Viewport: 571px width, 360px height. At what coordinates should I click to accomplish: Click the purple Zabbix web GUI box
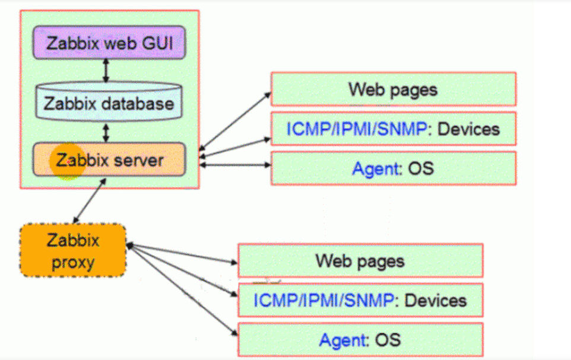[109, 43]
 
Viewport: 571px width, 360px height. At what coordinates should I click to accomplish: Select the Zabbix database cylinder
[109, 103]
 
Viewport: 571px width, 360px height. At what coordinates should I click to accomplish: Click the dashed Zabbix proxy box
[73, 250]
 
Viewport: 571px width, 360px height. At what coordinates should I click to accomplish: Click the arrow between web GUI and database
[106, 70]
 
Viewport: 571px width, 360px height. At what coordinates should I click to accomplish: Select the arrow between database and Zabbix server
[106, 132]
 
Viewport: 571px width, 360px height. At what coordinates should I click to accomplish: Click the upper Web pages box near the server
[393, 89]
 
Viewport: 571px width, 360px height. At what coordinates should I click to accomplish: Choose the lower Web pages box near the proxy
[360, 260]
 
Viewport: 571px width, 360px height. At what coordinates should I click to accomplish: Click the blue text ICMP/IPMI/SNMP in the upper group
[357, 128]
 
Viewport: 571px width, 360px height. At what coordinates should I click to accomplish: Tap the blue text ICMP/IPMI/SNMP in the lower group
[323, 300]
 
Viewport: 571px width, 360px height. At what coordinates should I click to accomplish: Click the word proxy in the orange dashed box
[73, 262]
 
